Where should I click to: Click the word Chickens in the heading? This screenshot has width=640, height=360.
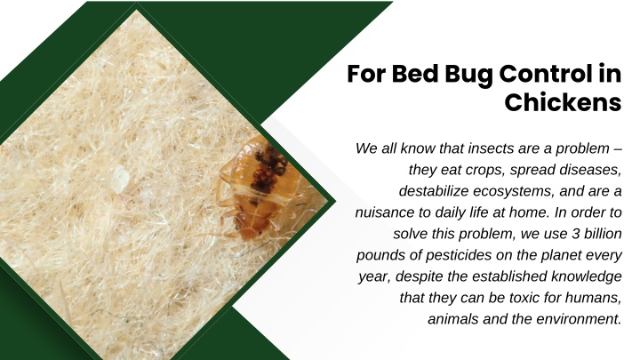click(563, 102)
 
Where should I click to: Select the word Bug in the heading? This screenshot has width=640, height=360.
click(468, 75)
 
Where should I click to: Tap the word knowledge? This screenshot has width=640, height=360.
click(587, 276)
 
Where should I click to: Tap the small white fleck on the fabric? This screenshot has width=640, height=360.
click(120, 180)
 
